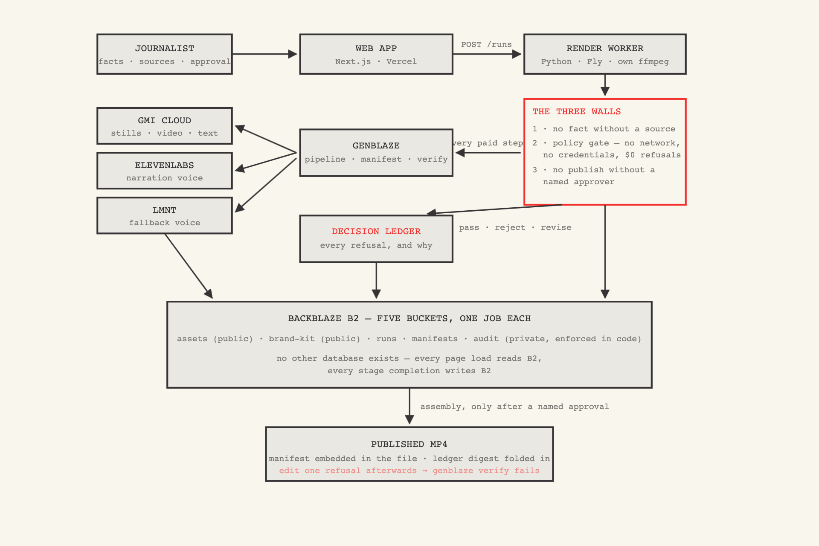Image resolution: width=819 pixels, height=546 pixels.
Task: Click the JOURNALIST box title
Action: [165, 48]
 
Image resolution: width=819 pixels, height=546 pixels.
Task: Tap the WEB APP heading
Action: [376, 48]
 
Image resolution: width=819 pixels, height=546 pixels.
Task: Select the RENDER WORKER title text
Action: [605, 48]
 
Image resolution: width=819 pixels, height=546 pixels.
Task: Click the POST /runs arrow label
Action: [486, 44]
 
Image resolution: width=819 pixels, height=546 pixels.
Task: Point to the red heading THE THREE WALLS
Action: [577, 111]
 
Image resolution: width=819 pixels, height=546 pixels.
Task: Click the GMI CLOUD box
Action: [165, 126]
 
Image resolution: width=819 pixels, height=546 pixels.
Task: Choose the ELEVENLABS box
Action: [165, 171]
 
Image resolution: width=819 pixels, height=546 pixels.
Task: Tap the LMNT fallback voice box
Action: [165, 215]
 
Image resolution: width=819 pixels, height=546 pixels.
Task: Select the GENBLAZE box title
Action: [376, 145]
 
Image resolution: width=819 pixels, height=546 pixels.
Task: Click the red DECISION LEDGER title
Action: [376, 231]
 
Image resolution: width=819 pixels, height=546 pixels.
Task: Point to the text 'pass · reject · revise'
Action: [515, 227]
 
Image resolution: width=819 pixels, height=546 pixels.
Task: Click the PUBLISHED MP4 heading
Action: [409, 444]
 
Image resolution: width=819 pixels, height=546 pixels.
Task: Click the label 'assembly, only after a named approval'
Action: [515, 407]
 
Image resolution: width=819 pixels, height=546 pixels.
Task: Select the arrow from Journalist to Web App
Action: [264, 54]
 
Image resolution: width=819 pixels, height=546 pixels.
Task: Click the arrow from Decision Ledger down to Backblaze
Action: [376, 280]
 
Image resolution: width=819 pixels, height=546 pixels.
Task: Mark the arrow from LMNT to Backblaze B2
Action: [189, 266]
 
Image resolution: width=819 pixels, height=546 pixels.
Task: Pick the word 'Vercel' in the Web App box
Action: [401, 61]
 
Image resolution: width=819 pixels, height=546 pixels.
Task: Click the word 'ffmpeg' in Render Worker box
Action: [653, 61]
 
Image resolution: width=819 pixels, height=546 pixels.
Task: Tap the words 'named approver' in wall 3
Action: [579, 182]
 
